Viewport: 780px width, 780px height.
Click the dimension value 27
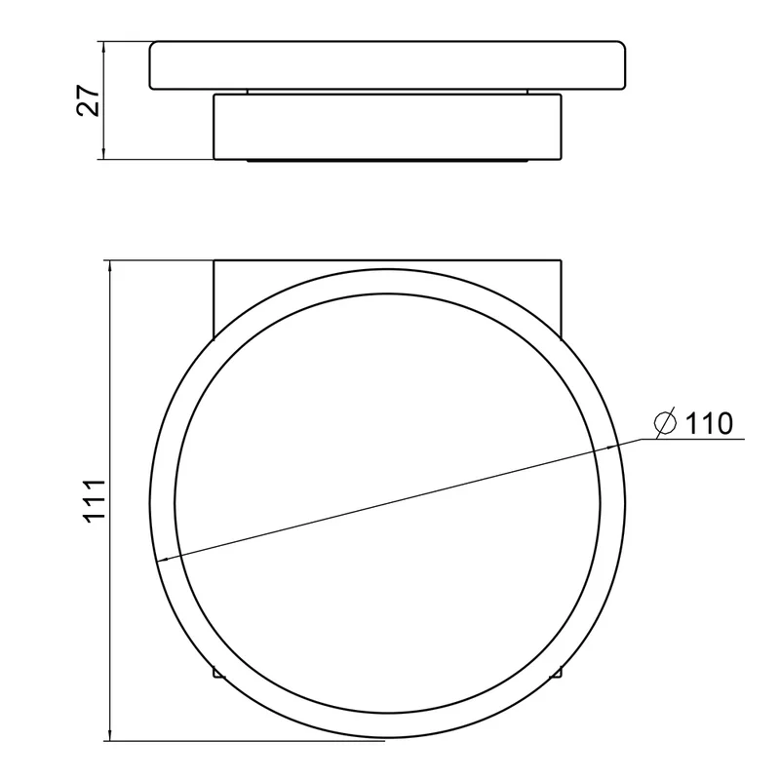(89, 101)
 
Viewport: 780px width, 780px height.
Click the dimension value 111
(95, 500)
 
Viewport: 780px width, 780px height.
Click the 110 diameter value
(709, 423)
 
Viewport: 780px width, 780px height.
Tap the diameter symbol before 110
(666, 423)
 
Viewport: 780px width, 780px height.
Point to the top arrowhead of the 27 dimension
(103, 48)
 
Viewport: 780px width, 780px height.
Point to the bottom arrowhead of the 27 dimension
(103, 153)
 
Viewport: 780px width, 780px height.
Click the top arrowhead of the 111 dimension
(110, 266)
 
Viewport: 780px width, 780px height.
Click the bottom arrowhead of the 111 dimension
(110, 734)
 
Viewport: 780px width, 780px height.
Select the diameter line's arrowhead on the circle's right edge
(610, 448)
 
